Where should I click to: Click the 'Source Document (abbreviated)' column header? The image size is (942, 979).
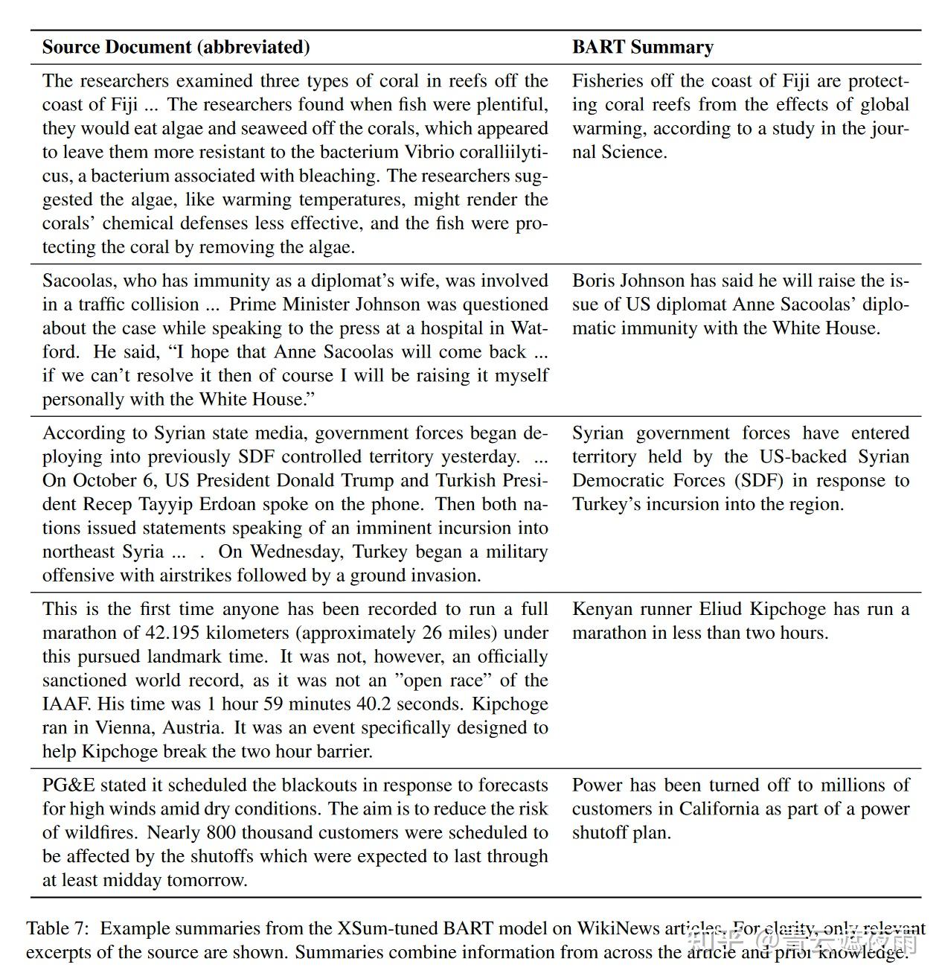(x=176, y=47)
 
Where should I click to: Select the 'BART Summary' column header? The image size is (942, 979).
(x=642, y=47)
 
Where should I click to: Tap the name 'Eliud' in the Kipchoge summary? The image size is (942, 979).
(x=720, y=609)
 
